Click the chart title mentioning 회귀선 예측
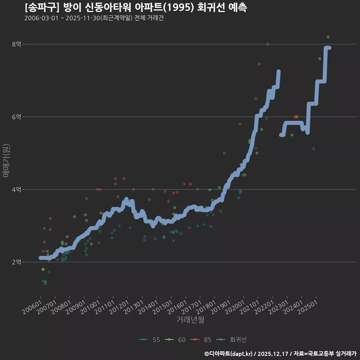coord(136,7)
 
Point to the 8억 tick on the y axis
coord(16,44)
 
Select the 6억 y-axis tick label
coord(16,117)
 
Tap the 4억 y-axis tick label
coord(16,190)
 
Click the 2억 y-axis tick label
coord(16,262)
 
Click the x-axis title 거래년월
coord(190,320)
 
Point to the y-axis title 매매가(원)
coord(6,160)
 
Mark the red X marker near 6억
coord(295,117)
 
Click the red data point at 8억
coord(267,44)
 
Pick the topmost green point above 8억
coord(328,37)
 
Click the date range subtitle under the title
coord(94,18)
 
